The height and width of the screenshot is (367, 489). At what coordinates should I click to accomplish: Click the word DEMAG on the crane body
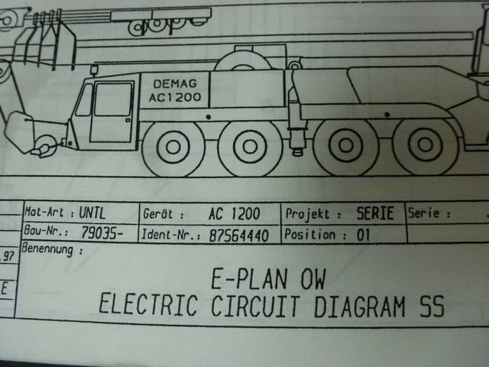175,83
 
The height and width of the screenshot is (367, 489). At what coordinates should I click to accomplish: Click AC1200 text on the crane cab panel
175,97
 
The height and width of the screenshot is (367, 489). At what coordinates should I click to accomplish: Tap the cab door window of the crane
113,99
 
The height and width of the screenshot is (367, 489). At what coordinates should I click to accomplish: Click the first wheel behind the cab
173,147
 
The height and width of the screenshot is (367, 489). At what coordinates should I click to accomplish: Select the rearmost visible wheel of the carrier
425,145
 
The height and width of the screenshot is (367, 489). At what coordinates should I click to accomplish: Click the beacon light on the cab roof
94,70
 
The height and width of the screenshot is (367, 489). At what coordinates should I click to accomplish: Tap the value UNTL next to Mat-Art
92,213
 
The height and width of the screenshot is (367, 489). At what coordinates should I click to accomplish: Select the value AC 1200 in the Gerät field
235,214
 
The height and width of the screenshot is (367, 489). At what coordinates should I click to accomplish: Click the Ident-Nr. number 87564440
238,235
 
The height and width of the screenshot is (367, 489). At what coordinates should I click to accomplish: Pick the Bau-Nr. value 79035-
102,232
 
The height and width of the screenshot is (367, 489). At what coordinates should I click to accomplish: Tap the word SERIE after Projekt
375,213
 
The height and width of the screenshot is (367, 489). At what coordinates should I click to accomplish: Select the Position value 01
364,235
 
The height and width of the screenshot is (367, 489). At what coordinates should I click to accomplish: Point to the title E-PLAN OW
268,278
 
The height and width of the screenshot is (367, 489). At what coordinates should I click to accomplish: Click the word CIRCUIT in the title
254,305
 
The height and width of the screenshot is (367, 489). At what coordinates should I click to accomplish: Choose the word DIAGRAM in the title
360,306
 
